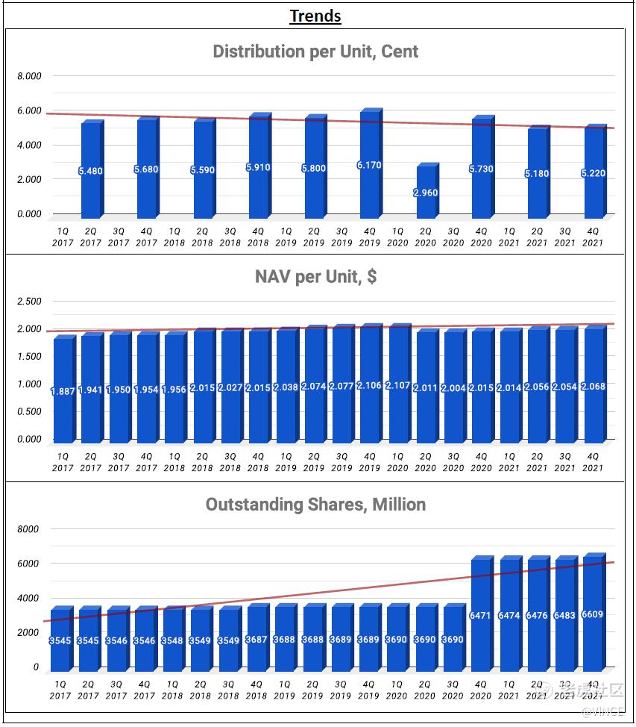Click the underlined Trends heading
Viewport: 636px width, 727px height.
pos(315,16)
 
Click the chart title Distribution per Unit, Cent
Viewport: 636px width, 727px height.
pos(315,52)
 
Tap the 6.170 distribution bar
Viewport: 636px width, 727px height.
pos(369,164)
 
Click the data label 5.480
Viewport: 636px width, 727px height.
pos(89,171)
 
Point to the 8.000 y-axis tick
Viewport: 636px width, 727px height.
pos(30,76)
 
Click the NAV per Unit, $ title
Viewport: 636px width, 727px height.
pos(315,277)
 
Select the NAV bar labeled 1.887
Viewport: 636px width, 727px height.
pos(63,390)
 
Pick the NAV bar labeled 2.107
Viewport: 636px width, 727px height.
pos(397,385)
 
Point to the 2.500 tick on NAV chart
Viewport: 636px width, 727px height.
pos(30,302)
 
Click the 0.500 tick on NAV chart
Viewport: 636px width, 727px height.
pos(30,412)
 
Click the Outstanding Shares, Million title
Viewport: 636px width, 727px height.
pos(315,505)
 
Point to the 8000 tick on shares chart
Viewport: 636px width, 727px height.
pos(30,529)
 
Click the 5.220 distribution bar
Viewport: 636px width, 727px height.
pos(592,173)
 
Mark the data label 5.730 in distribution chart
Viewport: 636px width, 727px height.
pos(481,169)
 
